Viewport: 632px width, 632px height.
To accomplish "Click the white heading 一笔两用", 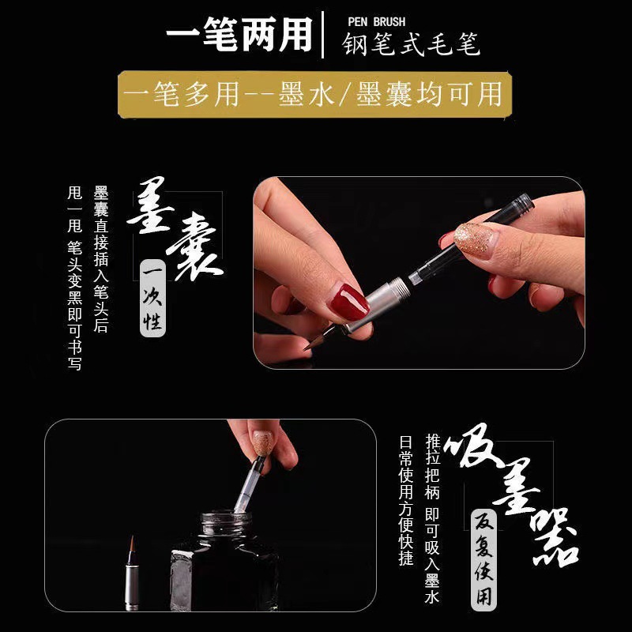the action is tap(239, 34).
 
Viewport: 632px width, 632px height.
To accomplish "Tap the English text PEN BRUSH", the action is tap(377, 22).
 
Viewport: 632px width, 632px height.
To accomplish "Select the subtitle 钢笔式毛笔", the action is tap(411, 43).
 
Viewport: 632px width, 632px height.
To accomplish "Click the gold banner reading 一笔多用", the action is tap(314, 95).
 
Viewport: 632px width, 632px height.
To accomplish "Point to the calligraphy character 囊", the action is tap(194, 246).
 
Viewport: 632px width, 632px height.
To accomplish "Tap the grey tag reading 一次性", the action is tap(152, 299).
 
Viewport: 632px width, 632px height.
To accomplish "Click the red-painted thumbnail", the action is tap(349, 303).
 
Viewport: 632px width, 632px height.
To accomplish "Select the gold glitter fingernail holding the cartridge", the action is tap(473, 238).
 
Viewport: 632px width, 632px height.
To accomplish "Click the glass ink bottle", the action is tap(224, 560).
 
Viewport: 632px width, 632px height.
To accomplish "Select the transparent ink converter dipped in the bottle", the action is tap(249, 485).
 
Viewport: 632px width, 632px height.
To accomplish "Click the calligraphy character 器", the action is tap(555, 538).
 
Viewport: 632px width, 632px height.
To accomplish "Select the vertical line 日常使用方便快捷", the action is tap(406, 500).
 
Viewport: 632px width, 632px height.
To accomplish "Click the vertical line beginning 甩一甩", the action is tap(75, 278).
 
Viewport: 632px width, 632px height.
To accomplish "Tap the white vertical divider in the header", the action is tap(323, 35).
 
